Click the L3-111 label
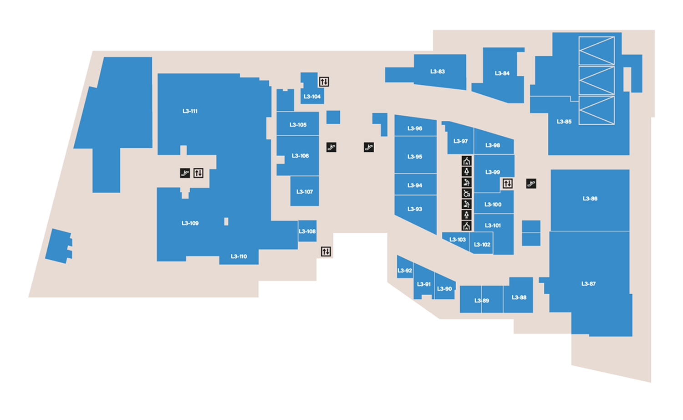[190, 111]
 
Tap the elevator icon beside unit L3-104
[324, 82]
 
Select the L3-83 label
[437, 72]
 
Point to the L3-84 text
[502, 73]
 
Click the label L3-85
[564, 122]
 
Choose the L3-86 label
[590, 199]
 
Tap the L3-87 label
[588, 284]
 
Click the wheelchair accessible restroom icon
[466, 193]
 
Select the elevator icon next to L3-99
[507, 184]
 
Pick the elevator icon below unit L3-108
[326, 251]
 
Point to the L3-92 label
[404, 271]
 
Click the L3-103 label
[457, 240]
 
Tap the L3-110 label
[239, 256]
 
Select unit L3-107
[305, 192]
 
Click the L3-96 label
[414, 128]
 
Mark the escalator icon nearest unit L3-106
[331, 147]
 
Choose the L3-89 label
[481, 301]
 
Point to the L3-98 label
[492, 145]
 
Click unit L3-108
[307, 231]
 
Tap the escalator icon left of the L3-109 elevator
[184, 173]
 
